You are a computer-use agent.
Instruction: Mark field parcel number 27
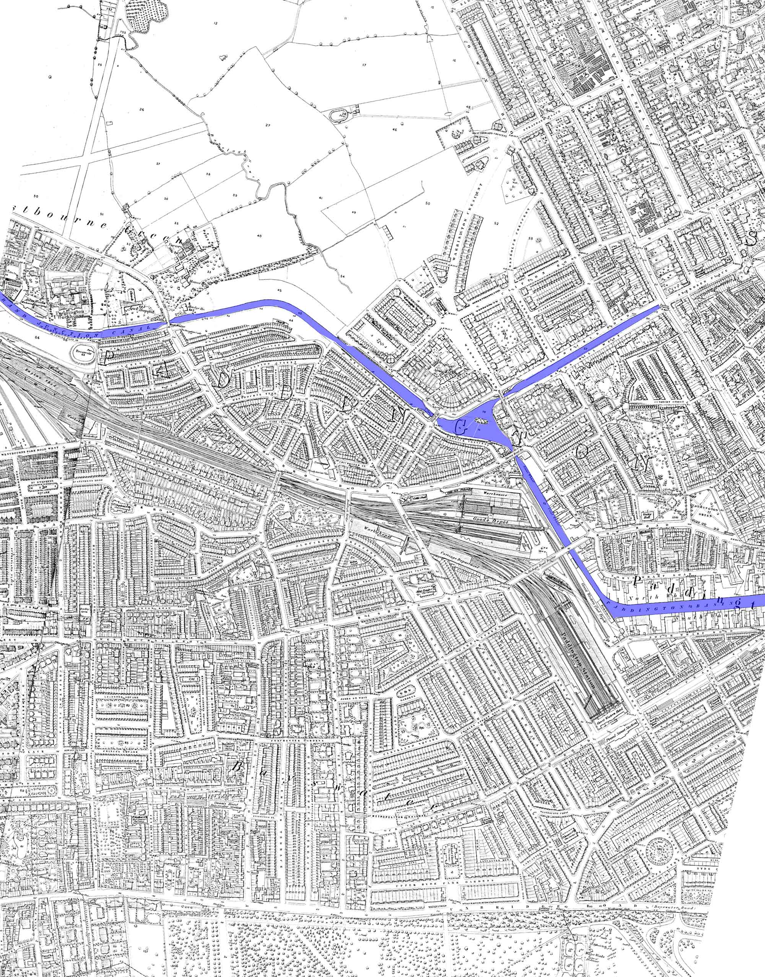coord(268,125)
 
